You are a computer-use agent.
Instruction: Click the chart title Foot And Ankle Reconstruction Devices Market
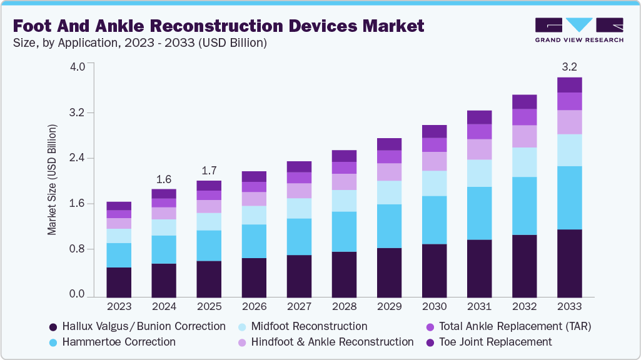pyautogui.click(x=218, y=26)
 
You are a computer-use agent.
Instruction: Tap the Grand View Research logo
pyautogui.click(x=578, y=29)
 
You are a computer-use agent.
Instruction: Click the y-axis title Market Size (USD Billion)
pyautogui.click(x=52, y=180)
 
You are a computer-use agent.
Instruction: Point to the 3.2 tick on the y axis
pyautogui.click(x=76, y=113)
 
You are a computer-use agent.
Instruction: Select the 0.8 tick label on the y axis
pyautogui.click(x=76, y=249)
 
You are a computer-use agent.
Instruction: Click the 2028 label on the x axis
pyautogui.click(x=344, y=307)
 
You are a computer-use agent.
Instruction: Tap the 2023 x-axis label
pyautogui.click(x=119, y=307)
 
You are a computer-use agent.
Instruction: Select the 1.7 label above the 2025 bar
pyautogui.click(x=209, y=169)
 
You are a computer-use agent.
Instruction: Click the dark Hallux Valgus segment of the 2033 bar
pyautogui.click(x=569, y=262)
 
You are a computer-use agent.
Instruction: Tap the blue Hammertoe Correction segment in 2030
pyautogui.click(x=434, y=220)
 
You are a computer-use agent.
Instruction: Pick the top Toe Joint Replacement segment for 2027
pyautogui.click(x=299, y=166)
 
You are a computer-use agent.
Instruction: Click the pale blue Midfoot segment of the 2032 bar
pyautogui.click(x=524, y=162)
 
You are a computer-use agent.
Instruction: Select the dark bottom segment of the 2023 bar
pyautogui.click(x=119, y=282)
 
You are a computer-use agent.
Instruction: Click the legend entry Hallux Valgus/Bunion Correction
pyautogui.click(x=143, y=326)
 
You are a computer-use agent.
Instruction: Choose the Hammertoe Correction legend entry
pyautogui.click(x=119, y=342)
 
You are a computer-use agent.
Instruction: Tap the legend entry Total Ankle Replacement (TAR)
pyautogui.click(x=515, y=326)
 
